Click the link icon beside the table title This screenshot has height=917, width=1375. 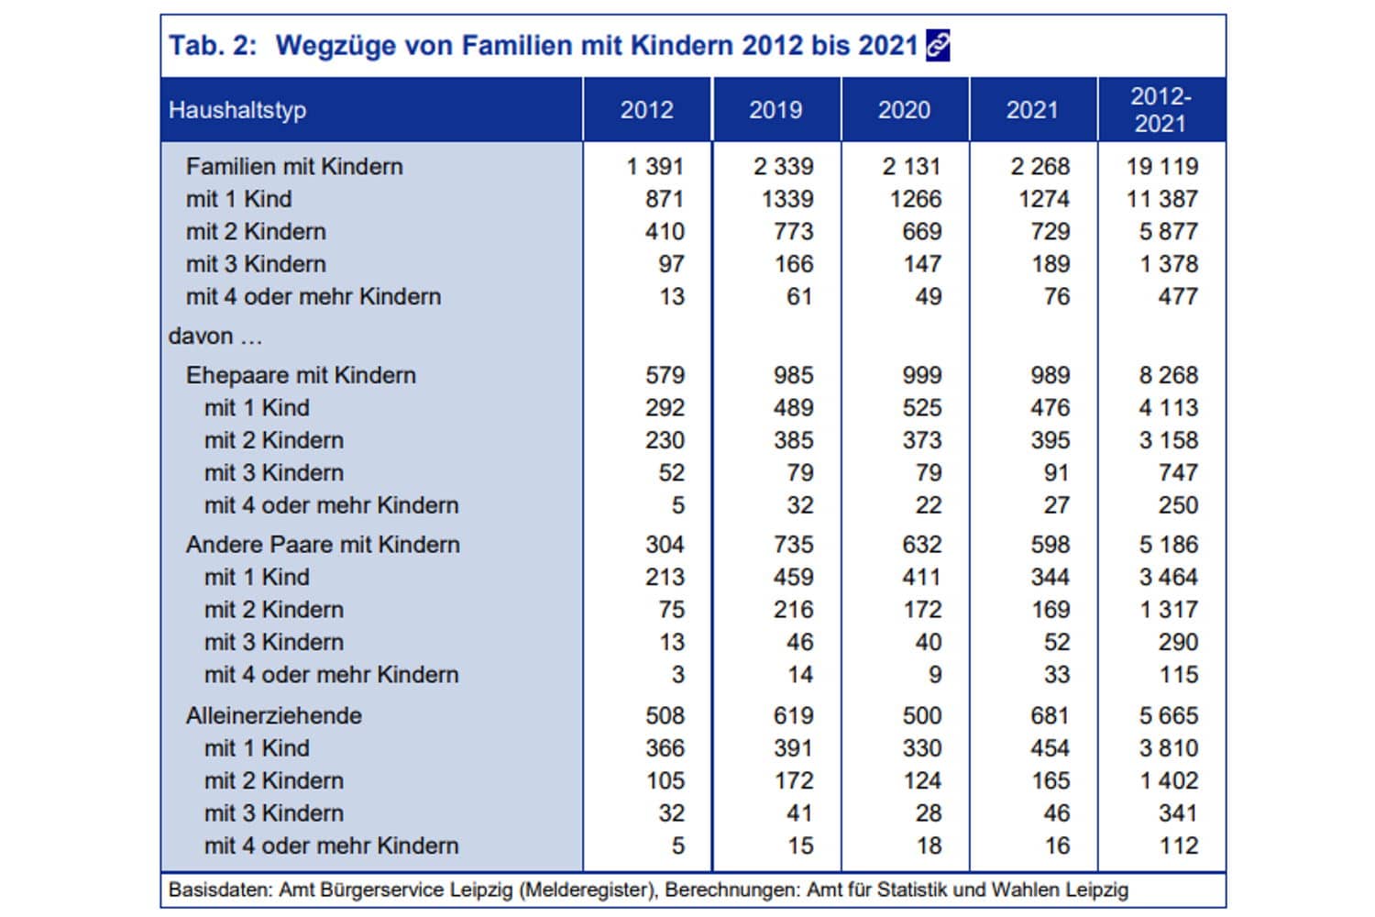(x=938, y=45)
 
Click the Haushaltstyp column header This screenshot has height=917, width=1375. (x=237, y=110)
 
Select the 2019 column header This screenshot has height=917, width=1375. (x=775, y=110)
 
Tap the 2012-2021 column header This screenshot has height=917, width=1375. (x=1160, y=110)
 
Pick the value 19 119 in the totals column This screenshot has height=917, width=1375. (x=1162, y=167)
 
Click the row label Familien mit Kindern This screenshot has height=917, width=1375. (x=294, y=167)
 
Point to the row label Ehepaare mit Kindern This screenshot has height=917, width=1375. (x=301, y=375)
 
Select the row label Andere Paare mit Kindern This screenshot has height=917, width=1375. (x=323, y=545)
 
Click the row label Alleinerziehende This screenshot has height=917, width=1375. (x=273, y=715)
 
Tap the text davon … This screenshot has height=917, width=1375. (x=215, y=337)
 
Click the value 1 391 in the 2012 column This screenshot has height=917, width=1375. (x=655, y=167)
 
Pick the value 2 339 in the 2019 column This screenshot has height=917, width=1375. (x=784, y=167)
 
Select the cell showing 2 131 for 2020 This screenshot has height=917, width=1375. (x=912, y=167)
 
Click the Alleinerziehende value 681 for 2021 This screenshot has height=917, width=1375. (x=1050, y=715)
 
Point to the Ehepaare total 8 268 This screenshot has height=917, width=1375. (x=1169, y=375)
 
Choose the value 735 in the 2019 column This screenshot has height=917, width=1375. (x=793, y=545)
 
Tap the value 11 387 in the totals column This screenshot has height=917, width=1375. (x=1162, y=199)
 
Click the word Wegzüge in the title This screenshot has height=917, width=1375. (x=334, y=45)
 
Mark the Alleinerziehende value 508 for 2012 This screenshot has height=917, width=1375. (x=665, y=715)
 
